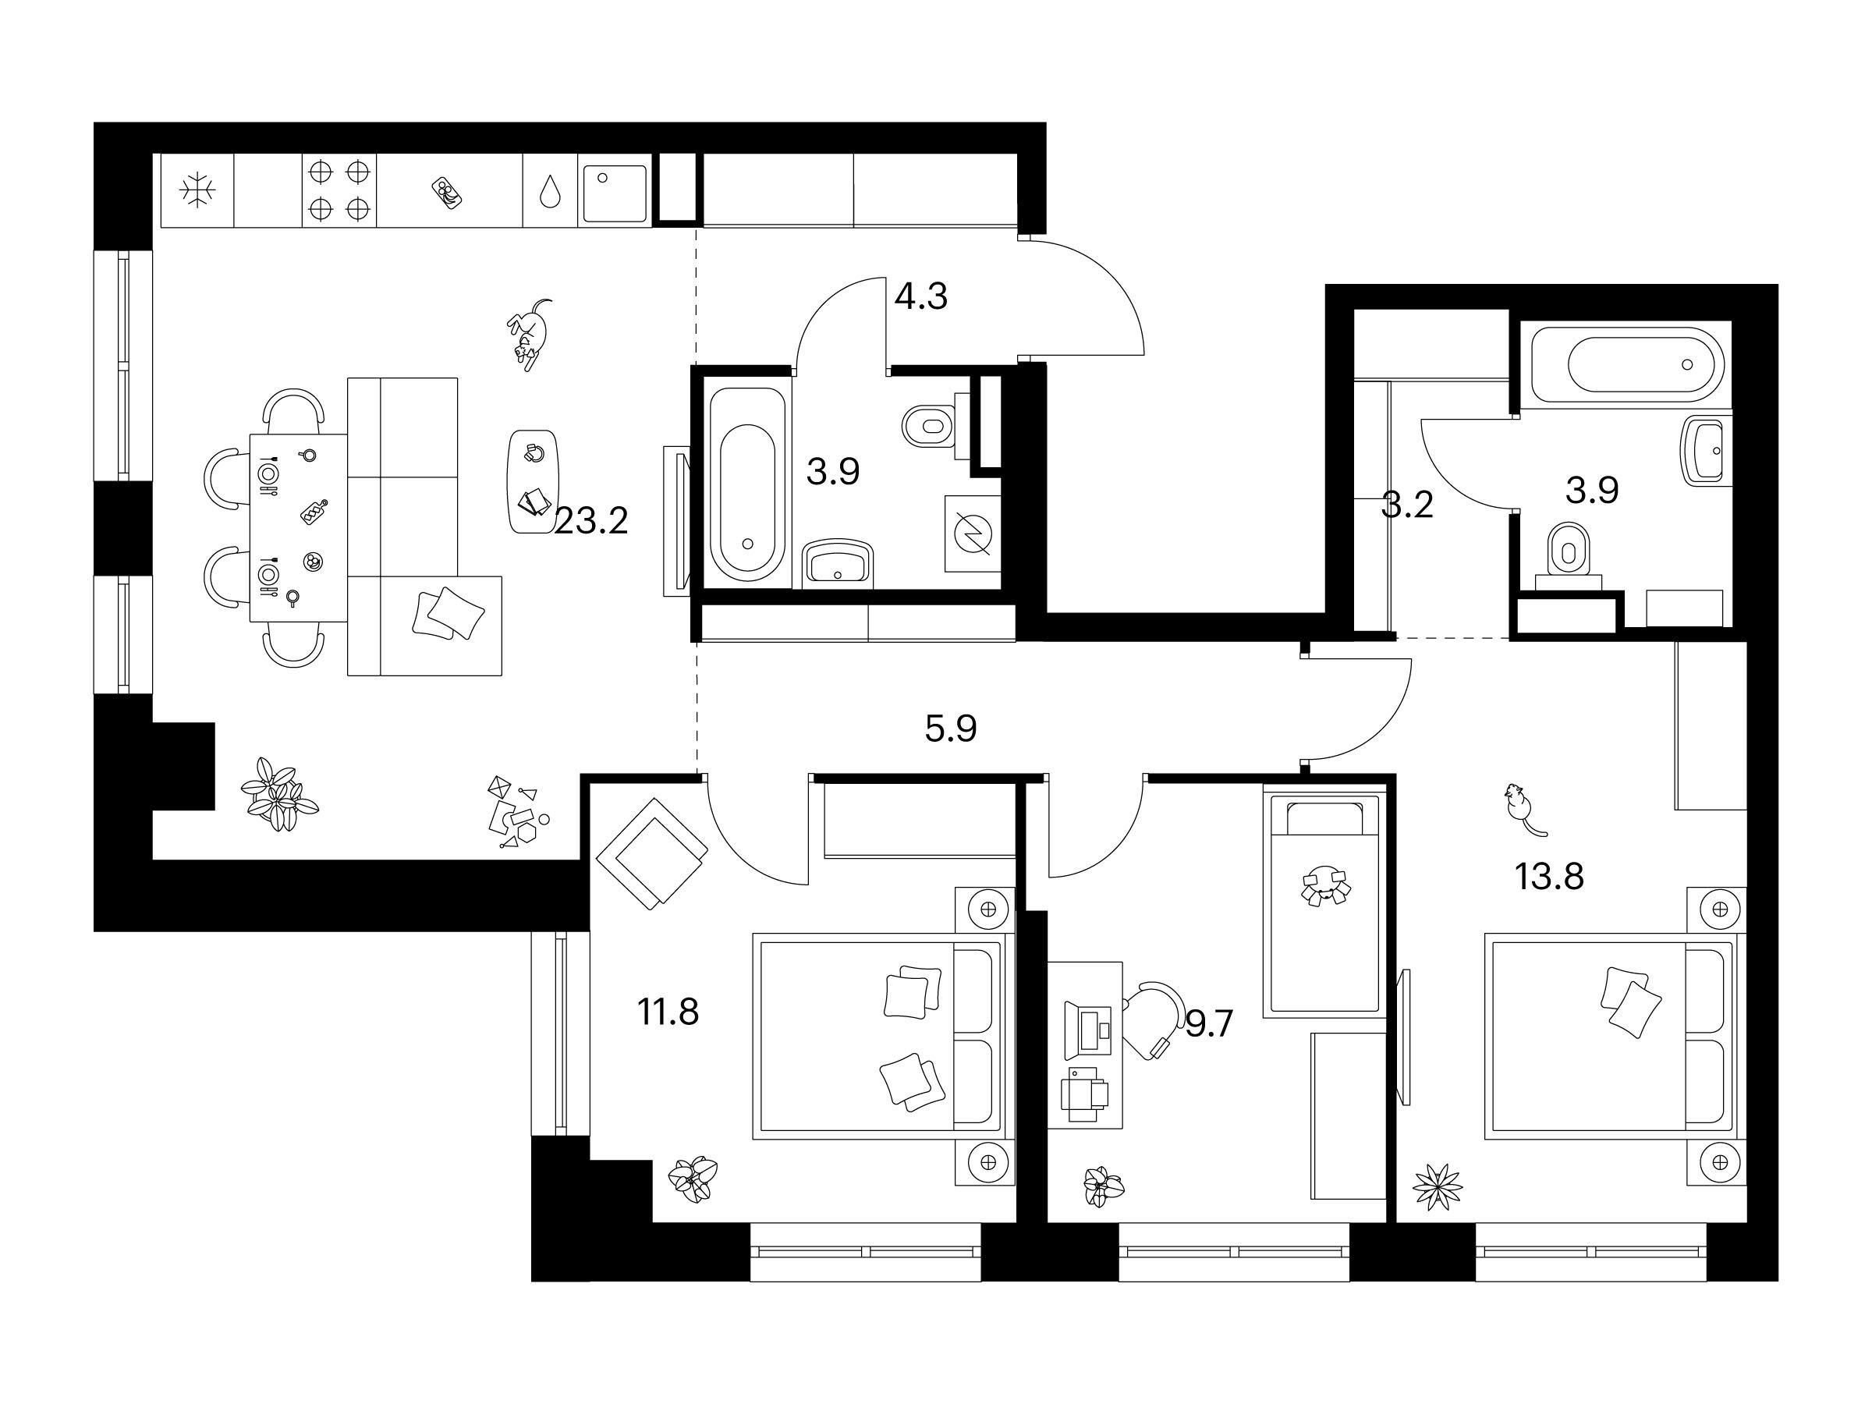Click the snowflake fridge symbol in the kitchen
click(x=198, y=190)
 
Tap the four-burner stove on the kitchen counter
click(x=339, y=190)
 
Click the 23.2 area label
click(x=591, y=521)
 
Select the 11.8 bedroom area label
click(x=668, y=1012)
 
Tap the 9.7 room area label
click(x=1209, y=1025)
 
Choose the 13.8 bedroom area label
click(x=1549, y=877)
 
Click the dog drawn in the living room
click(x=530, y=335)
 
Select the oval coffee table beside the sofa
click(x=534, y=480)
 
